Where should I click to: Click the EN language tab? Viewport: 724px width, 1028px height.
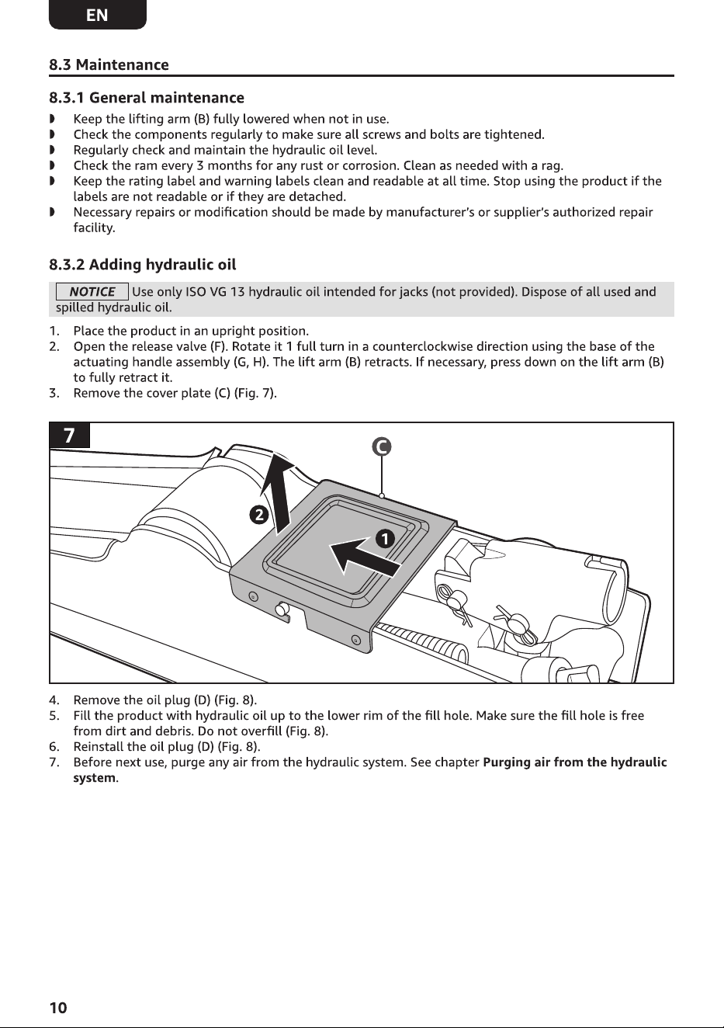click(x=97, y=14)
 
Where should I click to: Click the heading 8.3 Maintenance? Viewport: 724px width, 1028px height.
click(x=109, y=64)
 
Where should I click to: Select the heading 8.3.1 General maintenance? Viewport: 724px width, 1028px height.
click(x=147, y=98)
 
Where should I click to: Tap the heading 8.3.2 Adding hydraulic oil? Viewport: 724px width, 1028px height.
click(x=142, y=265)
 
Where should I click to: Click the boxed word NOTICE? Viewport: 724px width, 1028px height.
click(x=92, y=292)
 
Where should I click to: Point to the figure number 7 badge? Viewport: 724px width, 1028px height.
click(x=69, y=435)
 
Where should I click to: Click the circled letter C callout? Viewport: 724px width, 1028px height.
click(x=382, y=446)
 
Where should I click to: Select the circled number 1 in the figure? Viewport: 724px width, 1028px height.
click(x=386, y=539)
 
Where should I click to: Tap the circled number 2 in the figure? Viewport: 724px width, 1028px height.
click(x=259, y=515)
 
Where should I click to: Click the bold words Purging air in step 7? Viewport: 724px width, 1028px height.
click(x=517, y=762)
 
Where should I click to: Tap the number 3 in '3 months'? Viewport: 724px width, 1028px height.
click(x=200, y=165)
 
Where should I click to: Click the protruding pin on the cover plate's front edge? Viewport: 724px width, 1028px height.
click(x=282, y=610)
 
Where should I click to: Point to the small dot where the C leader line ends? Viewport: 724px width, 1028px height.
click(x=382, y=495)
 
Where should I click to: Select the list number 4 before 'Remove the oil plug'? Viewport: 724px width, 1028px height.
click(x=54, y=700)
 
